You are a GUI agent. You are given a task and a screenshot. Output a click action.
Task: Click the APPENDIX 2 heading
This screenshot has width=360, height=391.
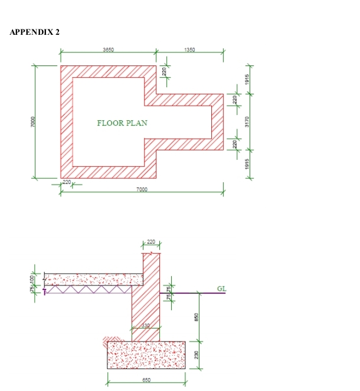click(35, 31)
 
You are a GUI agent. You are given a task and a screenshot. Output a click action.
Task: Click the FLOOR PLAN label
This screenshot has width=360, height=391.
click(122, 123)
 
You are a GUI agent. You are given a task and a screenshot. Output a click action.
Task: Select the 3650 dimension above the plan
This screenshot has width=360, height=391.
click(108, 50)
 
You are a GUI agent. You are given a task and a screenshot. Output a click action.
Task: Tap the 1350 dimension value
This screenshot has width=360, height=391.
click(189, 50)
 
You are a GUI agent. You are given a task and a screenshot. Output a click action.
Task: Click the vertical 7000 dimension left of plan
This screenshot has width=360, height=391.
click(33, 121)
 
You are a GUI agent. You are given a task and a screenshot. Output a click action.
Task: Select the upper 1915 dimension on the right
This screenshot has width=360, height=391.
click(248, 79)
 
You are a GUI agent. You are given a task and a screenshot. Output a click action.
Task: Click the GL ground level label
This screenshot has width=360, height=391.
click(221, 288)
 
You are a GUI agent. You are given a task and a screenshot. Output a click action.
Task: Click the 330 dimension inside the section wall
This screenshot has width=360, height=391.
click(145, 326)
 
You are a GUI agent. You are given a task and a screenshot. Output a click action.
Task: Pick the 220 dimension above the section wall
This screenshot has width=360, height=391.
click(151, 241)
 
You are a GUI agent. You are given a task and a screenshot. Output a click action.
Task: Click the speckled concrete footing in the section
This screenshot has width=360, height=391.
click(146, 355)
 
